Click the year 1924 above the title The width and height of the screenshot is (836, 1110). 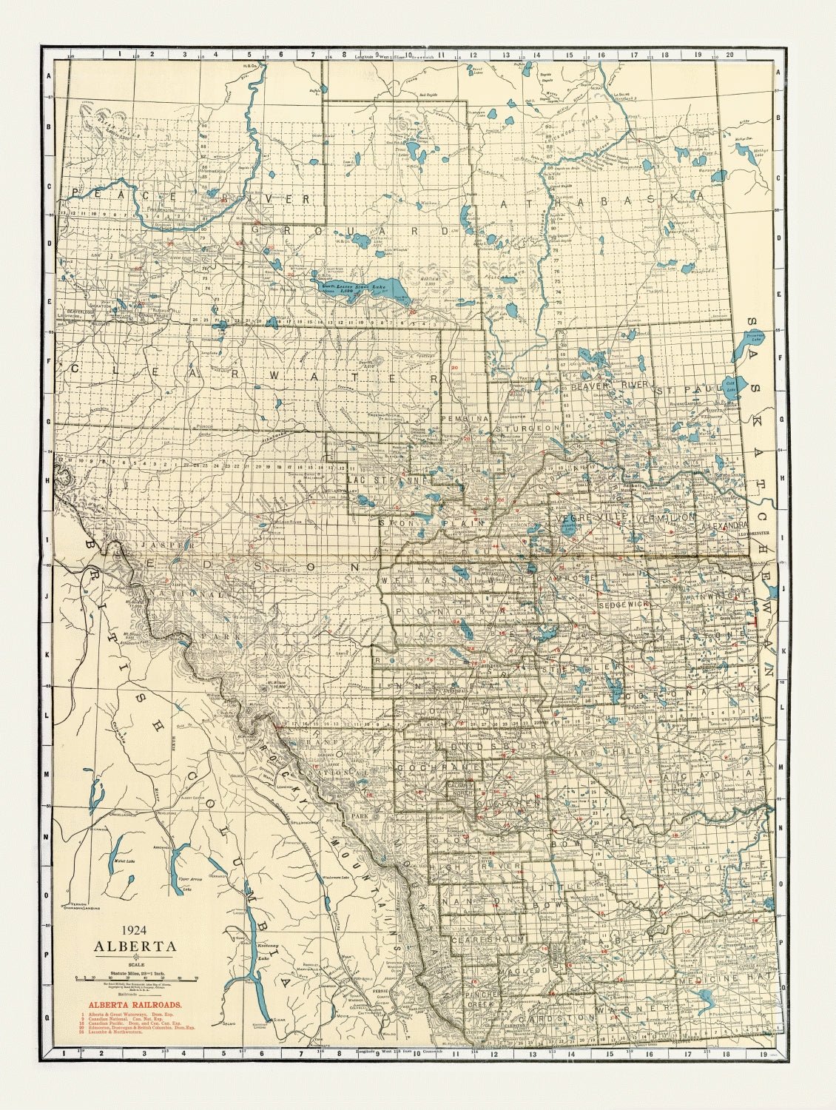pyautogui.click(x=134, y=932)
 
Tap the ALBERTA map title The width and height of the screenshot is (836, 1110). pyautogui.click(x=134, y=946)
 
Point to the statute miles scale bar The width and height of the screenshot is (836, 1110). pyautogui.click(x=135, y=978)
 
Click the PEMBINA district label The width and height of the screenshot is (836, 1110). pyautogui.click(x=465, y=419)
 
